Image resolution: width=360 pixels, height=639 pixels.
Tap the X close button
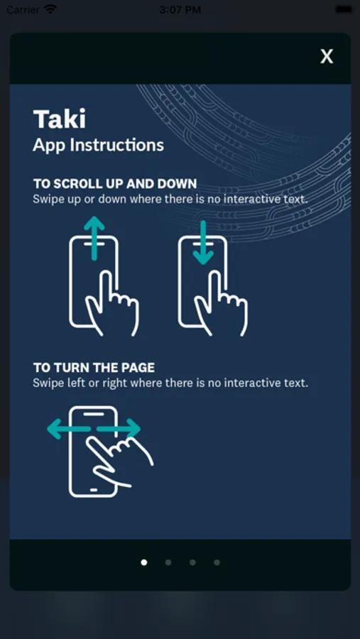click(327, 56)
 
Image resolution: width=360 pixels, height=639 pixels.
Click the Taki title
click(60, 119)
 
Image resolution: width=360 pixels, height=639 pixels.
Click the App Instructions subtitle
click(98, 145)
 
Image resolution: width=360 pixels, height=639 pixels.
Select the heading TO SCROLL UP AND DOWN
click(115, 184)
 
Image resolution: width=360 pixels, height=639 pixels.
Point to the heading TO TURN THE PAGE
click(94, 368)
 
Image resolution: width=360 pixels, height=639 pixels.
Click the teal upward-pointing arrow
click(94, 239)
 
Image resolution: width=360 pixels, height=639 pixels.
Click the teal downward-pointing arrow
click(203, 244)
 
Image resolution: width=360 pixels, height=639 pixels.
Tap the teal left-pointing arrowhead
click(55, 429)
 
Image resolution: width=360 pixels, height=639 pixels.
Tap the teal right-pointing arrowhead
click(133, 429)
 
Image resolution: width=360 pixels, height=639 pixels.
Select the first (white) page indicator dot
click(144, 562)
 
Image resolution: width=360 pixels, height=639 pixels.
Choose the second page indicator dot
click(168, 562)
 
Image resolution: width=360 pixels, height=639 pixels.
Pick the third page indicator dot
click(192, 562)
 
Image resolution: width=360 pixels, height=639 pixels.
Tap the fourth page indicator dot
click(217, 562)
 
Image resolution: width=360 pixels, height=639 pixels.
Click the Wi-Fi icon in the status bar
click(50, 9)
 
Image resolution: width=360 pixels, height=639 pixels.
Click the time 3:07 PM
click(180, 10)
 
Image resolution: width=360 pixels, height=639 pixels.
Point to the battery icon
click(344, 9)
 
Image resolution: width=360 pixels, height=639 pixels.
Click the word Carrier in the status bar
click(23, 10)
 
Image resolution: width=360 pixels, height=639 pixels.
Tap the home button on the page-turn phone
click(94, 488)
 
